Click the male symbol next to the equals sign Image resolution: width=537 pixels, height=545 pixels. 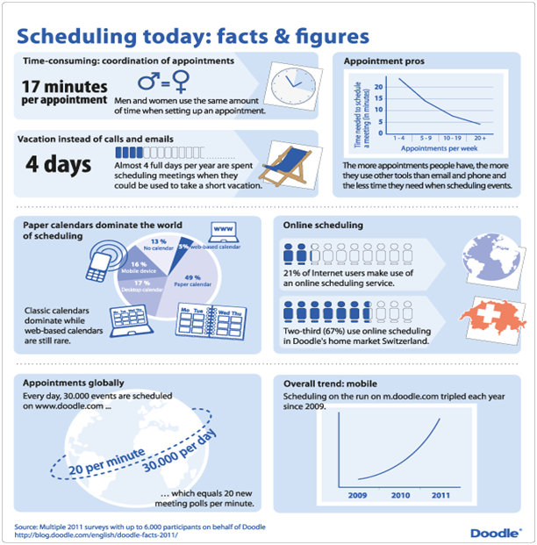click(x=150, y=83)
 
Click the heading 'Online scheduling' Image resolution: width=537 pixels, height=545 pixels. click(x=323, y=225)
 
